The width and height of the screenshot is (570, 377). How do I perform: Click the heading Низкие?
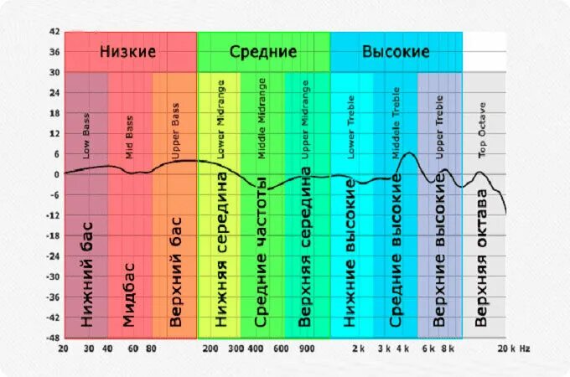tap(128, 52)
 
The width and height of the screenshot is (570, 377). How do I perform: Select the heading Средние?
tap(263, 52)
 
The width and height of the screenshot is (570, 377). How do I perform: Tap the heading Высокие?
tap(396, 52)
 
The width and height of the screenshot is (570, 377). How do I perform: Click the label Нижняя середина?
tap(221, 250)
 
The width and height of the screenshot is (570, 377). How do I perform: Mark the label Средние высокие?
tap(396, 250)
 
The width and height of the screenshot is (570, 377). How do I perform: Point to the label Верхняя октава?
tap(482, 256)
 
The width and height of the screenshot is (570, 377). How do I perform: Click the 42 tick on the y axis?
tap(54, 32)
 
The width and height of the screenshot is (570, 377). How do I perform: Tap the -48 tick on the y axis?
tap(52, 338)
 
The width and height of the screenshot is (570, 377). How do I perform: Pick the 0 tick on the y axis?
tap(55, 174)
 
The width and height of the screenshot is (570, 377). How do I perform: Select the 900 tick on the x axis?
tap(307, 349)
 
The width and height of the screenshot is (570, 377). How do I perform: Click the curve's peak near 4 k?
tap(408, 153)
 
